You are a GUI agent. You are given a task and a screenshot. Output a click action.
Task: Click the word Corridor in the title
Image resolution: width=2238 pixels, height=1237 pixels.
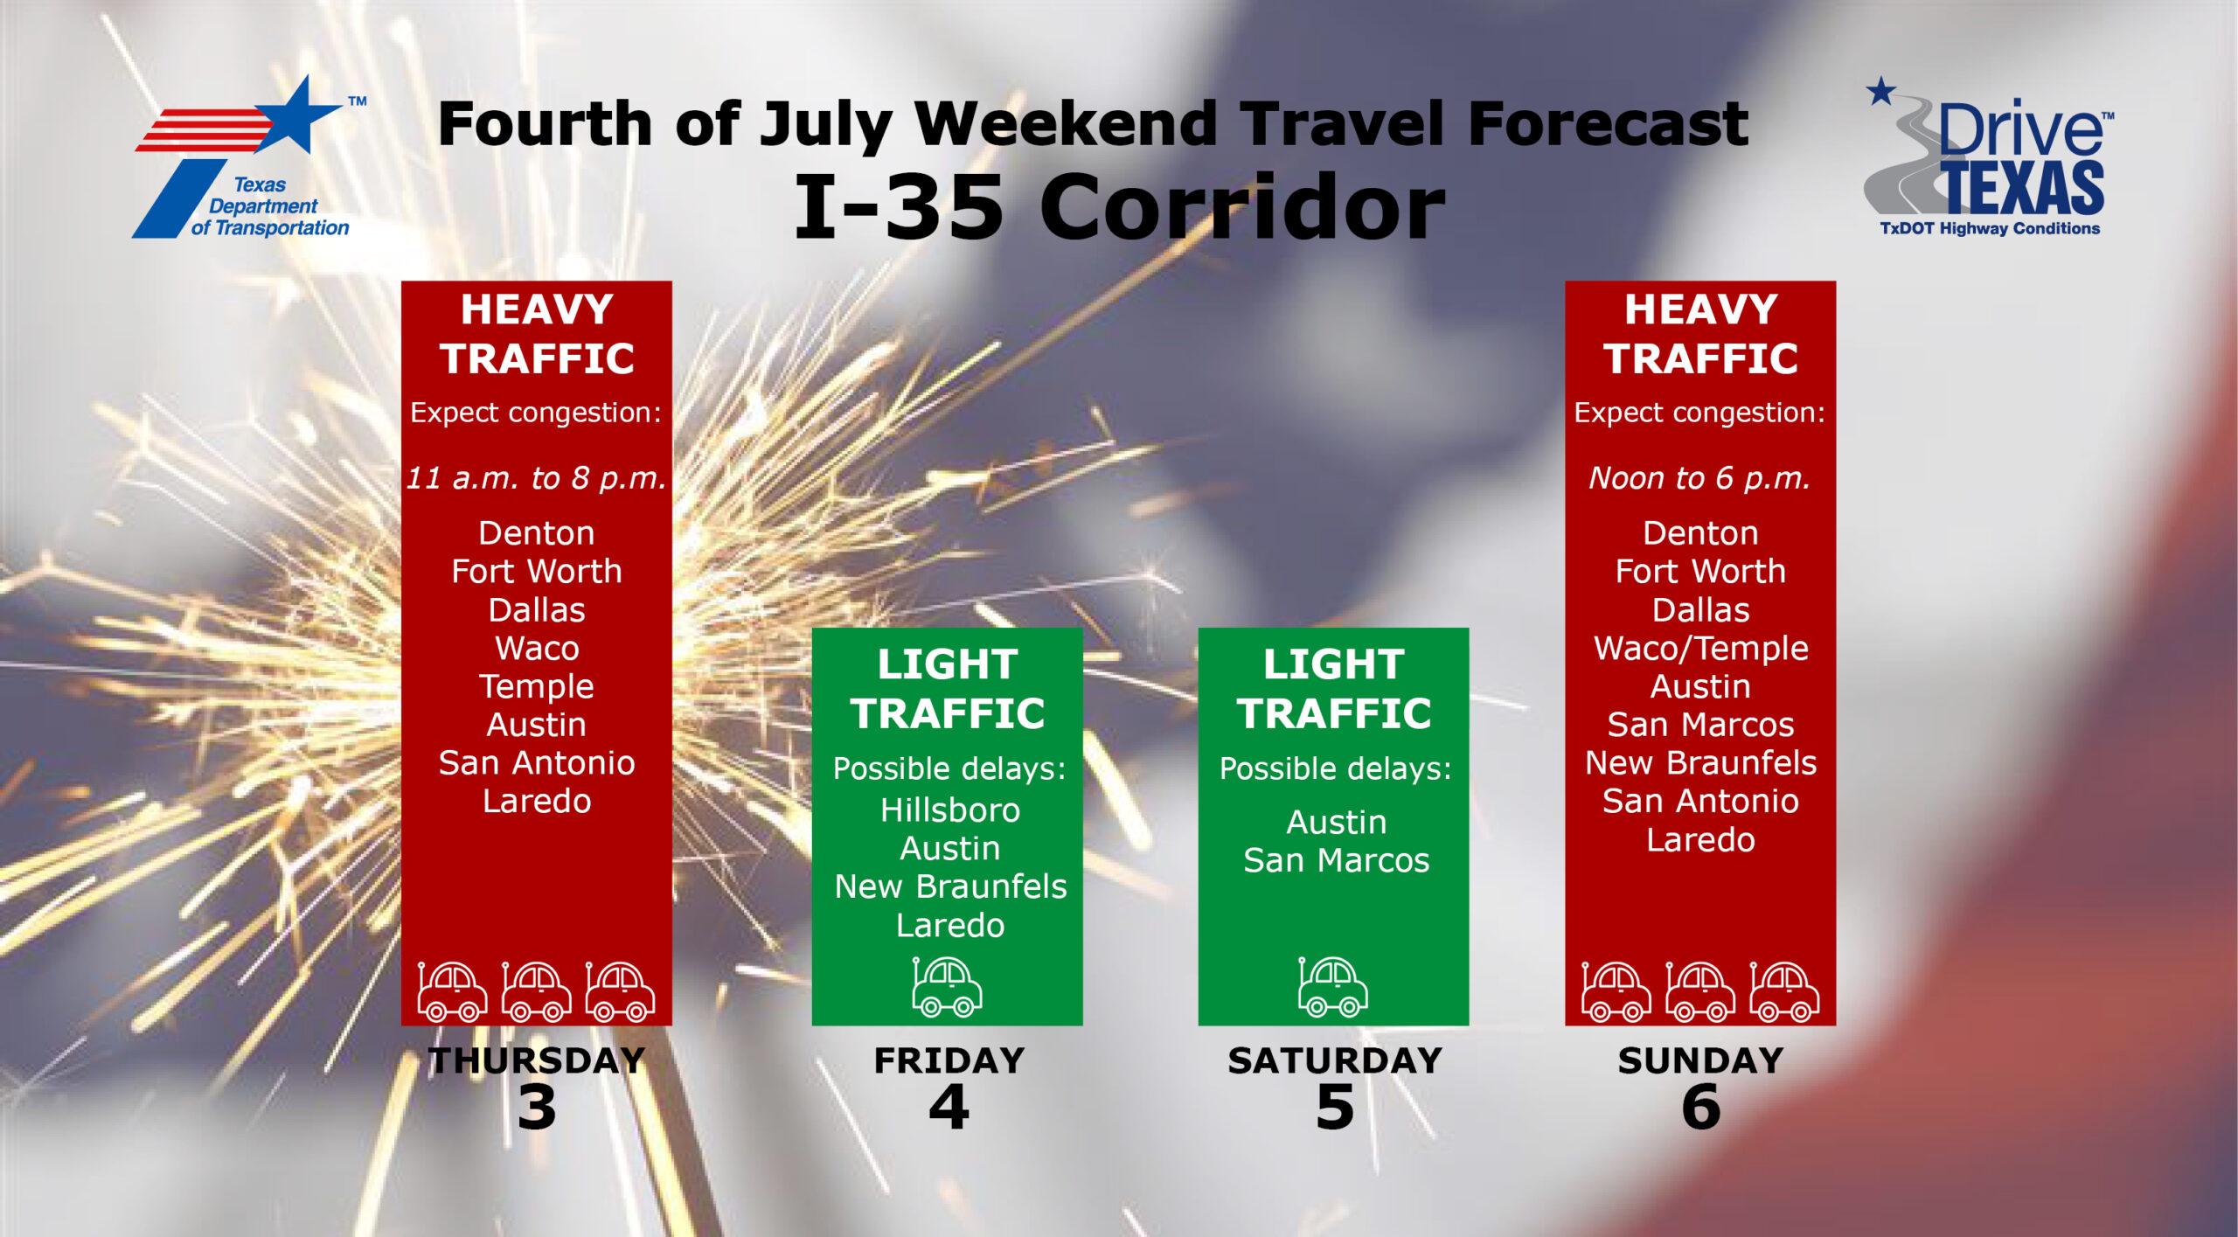1242,206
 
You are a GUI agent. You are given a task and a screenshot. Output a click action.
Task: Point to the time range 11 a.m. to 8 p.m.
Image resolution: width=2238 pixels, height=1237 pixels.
536,478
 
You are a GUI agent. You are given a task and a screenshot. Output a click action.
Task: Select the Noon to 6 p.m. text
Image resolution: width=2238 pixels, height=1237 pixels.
1699,478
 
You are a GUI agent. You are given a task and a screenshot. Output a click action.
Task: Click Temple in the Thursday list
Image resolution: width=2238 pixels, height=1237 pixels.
536,687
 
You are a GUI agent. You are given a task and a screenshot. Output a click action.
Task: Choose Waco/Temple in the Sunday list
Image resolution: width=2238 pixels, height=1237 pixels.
1700,649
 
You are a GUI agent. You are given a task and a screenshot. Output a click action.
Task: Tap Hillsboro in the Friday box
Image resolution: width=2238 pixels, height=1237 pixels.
949,810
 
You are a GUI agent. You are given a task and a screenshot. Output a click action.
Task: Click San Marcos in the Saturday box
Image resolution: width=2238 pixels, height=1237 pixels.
1336,860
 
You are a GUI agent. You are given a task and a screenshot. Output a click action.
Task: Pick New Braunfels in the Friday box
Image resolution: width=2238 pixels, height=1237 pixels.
950,886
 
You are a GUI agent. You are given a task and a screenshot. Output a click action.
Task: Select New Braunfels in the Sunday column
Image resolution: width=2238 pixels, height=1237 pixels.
1700,763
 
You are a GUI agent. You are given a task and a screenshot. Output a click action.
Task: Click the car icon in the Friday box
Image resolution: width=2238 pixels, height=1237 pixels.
947,986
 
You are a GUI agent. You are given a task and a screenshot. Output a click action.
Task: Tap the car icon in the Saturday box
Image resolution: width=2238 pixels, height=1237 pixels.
1332,986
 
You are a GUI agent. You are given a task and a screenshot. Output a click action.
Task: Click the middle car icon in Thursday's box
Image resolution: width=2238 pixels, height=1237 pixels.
536,991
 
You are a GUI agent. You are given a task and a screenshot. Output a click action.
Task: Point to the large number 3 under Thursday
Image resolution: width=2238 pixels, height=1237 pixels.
536,1108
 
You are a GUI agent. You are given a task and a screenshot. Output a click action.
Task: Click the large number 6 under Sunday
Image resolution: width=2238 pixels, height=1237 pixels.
1700,1108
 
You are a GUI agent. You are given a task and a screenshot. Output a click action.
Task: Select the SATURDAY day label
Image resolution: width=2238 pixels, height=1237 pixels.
1335,1060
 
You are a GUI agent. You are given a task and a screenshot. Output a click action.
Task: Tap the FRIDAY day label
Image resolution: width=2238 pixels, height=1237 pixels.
949,1060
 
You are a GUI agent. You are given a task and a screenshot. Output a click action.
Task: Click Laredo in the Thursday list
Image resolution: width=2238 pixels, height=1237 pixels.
537,802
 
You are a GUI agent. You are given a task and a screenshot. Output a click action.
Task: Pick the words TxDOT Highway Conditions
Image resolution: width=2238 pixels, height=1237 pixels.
1990,228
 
